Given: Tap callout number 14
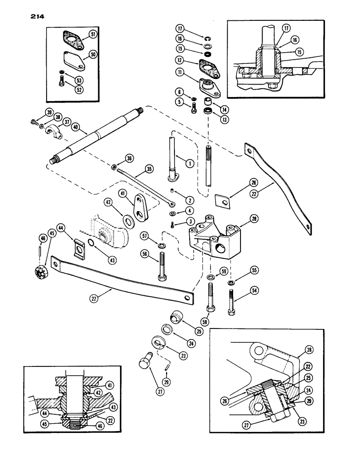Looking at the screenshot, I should [226, 110].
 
